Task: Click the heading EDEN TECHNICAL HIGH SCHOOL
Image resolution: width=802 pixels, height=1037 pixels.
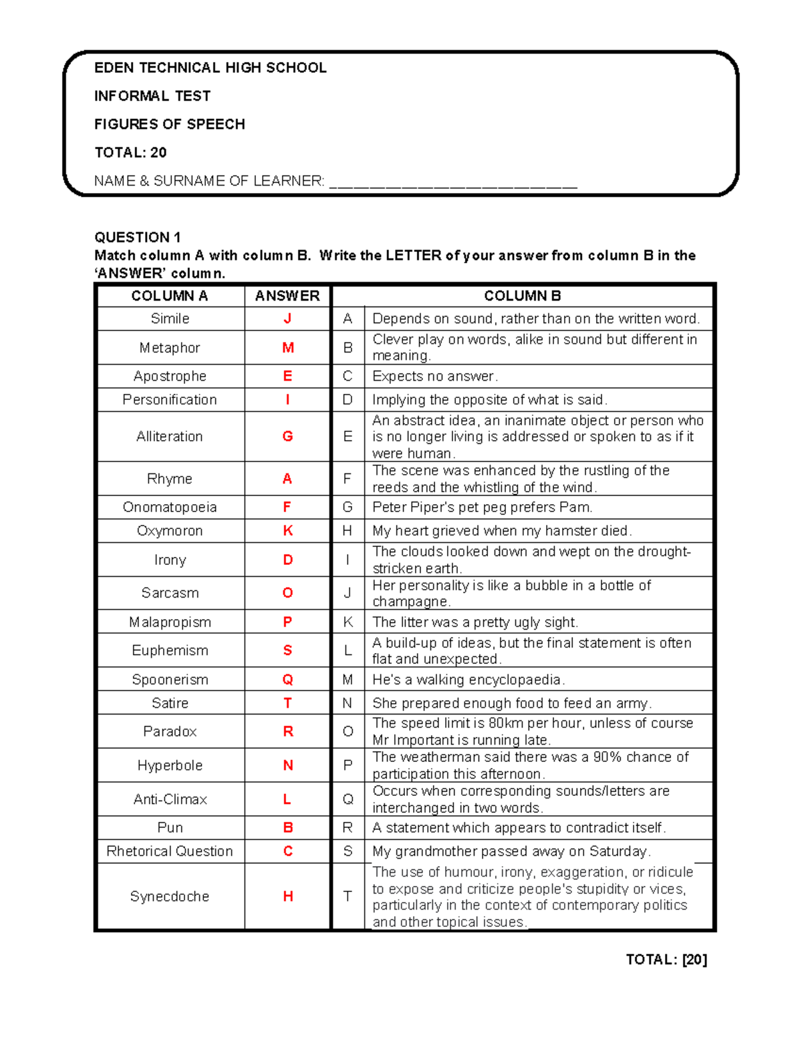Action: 210,68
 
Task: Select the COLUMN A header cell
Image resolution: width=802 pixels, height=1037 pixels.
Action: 170,296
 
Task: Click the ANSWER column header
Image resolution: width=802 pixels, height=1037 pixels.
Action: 287,296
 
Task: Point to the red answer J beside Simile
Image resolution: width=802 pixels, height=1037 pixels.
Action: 287,319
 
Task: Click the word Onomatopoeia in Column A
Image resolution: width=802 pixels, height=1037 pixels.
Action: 170,507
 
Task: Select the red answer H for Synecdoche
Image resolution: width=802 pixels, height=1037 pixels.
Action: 288,896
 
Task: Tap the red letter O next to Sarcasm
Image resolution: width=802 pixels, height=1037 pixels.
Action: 288,593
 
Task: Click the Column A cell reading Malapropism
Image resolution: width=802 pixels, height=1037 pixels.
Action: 170,622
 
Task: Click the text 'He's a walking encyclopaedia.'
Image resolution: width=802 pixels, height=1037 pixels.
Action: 469,680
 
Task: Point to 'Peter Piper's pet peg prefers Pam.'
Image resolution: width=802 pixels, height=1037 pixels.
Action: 482,507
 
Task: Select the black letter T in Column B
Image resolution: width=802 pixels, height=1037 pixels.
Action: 348,896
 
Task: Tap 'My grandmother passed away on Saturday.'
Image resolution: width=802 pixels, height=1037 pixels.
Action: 511,851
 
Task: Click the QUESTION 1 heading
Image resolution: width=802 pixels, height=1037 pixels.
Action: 138,237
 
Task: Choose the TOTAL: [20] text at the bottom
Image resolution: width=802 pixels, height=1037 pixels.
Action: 666,960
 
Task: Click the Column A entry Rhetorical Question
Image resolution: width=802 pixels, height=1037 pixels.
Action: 170,851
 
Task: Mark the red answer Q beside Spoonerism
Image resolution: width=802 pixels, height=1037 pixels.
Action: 288,680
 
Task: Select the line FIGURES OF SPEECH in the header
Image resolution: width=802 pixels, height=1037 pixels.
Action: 170,124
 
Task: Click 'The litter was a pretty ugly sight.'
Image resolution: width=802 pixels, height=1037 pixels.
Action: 475,622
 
